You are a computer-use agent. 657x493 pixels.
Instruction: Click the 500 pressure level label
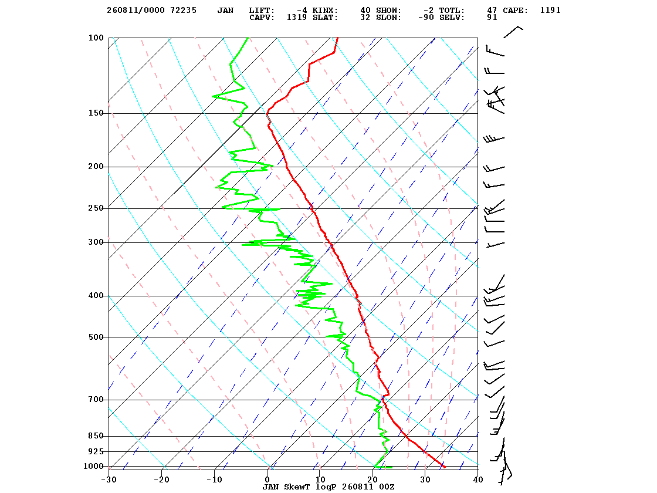coord(96,337)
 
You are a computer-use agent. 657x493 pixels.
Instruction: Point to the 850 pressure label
coord(96,436)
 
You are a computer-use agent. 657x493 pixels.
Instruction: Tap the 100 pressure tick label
coord(96,38)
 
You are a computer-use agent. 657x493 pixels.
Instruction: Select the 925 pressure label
coord(96,451)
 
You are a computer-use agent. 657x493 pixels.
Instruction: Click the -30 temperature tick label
coord(109,480)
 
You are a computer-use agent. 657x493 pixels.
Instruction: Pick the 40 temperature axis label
coord(477,480)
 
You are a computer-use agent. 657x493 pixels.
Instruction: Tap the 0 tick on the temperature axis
coord(267,480)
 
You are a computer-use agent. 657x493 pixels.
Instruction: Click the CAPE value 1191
coord(550,11)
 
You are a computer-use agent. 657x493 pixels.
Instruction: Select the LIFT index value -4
coord(302,11)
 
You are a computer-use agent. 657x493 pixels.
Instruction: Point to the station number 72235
coord(183,11)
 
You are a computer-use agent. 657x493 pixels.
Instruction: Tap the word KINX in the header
coord(325,11)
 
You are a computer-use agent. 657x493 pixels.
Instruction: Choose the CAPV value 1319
coord(297,18)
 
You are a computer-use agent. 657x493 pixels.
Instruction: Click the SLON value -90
coord(426,18)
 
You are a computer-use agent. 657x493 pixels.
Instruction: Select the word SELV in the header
coord(452,18)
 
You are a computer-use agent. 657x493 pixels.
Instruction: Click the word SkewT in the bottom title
coord(297,487)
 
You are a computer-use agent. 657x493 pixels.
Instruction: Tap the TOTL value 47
coord(492,11)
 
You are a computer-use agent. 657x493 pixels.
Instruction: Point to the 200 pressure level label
coord(96,167)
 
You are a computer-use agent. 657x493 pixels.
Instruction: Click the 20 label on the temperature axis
coord(372,480)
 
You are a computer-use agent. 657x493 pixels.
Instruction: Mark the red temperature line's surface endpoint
coord(444,467)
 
